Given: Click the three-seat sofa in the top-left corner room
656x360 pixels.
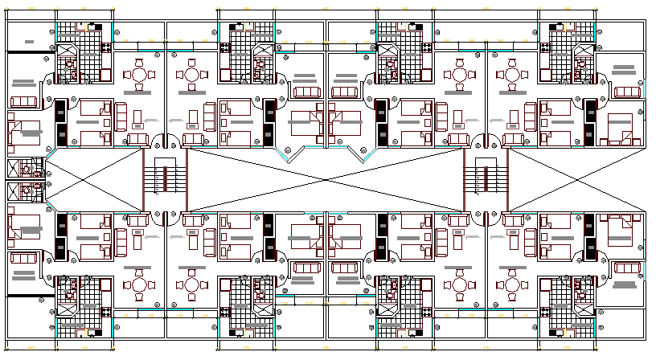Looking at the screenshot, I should coord(23,101).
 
